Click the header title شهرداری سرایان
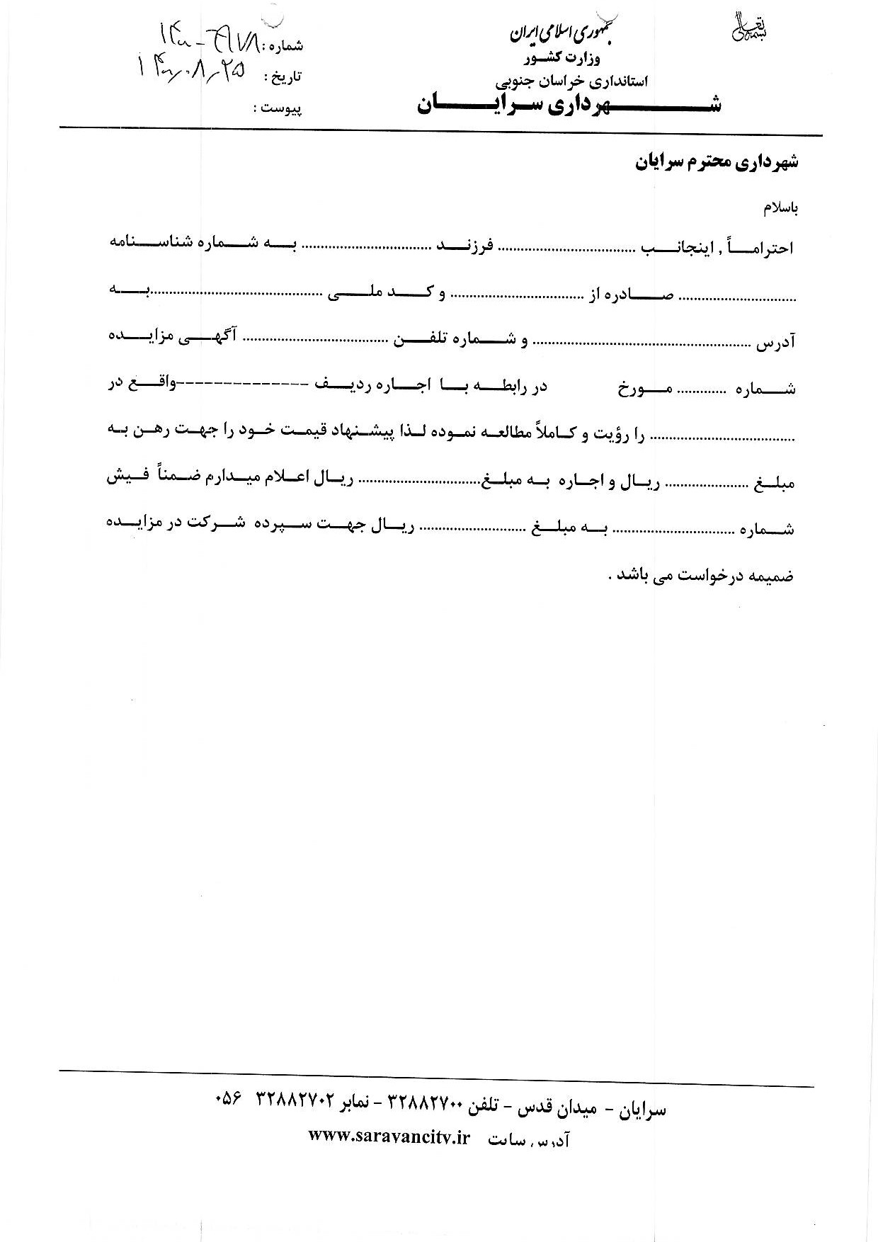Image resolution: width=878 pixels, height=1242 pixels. pyautogui.click(x=569, y=105)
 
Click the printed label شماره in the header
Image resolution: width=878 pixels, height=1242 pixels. pyautogui.click(x=283, y=47)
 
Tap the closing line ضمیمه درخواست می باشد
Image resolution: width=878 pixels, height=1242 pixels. pyautogui.click(x=701, y=575)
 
